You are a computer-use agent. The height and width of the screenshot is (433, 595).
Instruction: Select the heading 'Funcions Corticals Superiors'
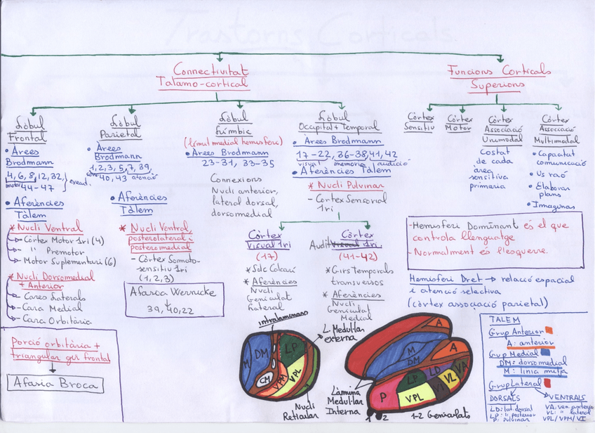point(499,77)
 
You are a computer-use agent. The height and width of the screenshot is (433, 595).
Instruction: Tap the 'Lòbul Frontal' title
point(27,128)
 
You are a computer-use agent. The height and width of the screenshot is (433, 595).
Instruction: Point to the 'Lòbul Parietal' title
point(125,126)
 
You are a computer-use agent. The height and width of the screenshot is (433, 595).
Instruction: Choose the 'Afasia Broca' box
point(55,384)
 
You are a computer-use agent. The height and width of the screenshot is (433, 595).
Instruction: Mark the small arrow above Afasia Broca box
point(53,369)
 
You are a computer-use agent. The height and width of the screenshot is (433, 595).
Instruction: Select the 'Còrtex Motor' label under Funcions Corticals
point(459,124)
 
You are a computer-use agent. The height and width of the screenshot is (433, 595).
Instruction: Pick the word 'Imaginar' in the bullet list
point(554,205)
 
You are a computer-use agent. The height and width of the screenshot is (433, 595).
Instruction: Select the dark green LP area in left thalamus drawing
point(292,349)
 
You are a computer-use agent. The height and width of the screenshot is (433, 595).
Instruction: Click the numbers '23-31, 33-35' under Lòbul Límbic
point(237,163)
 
